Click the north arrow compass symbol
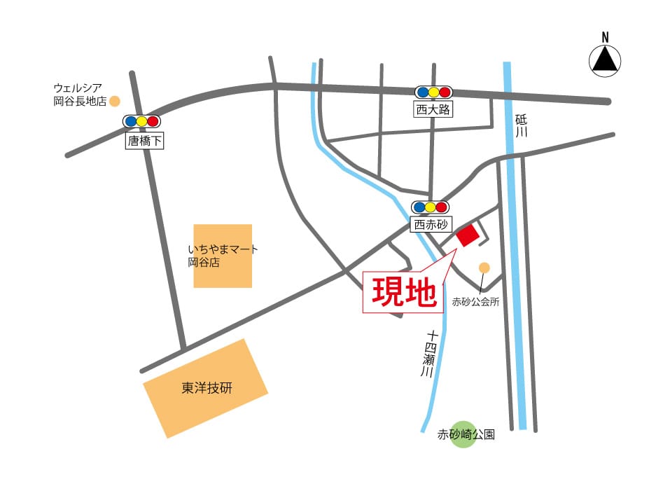pos(605,60)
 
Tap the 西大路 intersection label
pos(433,109)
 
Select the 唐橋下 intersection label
pos(144,141)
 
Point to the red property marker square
pos(468,236)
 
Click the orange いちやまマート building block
pos(223,256)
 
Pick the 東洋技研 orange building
pos(206,389)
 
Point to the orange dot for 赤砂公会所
pos(484,267)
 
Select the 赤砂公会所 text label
pos(475,303)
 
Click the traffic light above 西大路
pos(433,92)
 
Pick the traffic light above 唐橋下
pos(141,121)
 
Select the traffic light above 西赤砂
pos(431,207)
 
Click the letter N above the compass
pos(605,37)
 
